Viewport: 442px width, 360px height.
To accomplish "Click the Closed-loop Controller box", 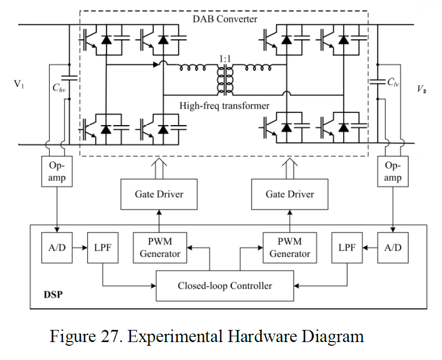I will pyautogui.click(x=224, y=286).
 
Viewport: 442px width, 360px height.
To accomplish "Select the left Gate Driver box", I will pyautogui.click(x=158, y=194).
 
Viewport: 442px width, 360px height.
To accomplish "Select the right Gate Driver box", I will pyautogui.click(x=289, y=194).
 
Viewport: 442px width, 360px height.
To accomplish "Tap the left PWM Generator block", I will pyautogui.click(x=160, y=248).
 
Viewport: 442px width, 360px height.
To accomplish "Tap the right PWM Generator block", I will pyautogui.click(x=289, y=248).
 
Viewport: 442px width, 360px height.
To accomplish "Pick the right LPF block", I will pyautogui.click(x=347, y=248).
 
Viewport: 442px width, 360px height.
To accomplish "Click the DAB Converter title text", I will pyautogui.click(x=225, y=19).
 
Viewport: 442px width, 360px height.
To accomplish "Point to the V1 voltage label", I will pyautogui.click(x=19, y=84).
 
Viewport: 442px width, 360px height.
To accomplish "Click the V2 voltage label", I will pyautogui.click(x=422, y=88).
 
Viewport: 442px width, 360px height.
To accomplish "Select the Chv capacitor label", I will pyautogui.click(x=58, y=88).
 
